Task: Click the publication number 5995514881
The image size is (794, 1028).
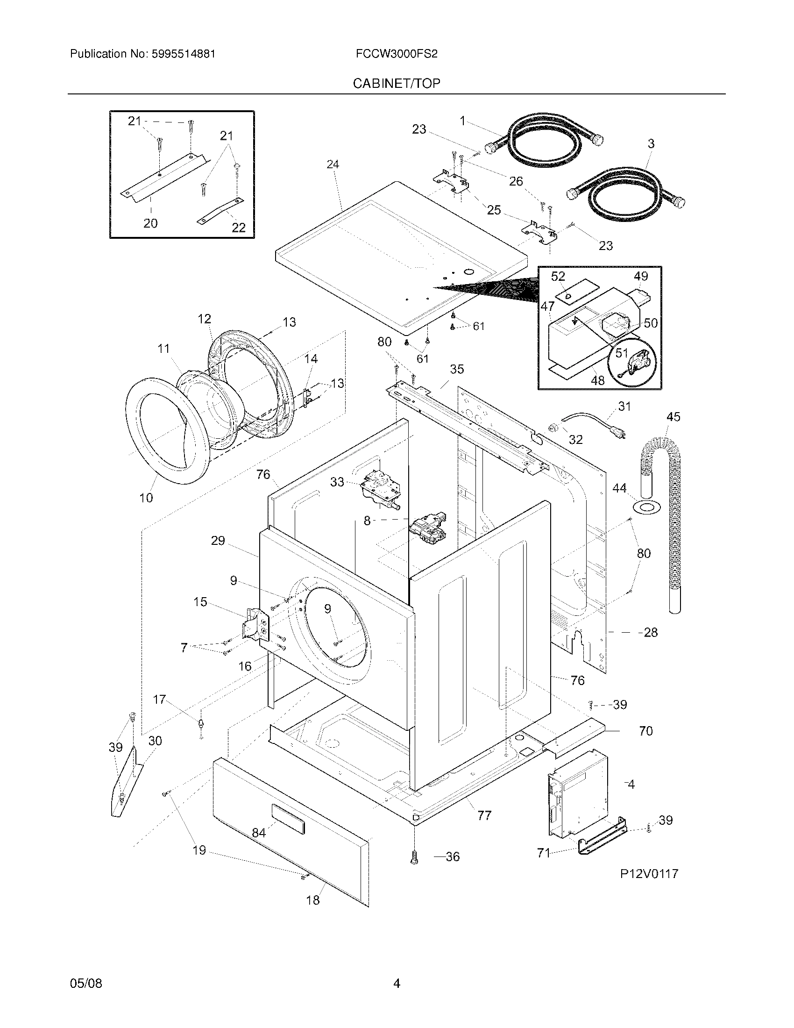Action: click(x=183, y=54)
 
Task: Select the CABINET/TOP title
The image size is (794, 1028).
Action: click(x=397, y=83)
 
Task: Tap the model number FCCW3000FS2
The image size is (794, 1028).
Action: click(x=397, y=54)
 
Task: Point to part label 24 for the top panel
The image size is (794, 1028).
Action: click(x=333, y=164)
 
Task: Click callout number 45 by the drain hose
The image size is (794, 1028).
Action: click(x=673, y=416)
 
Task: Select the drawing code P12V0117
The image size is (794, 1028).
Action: click(x=649, y=874)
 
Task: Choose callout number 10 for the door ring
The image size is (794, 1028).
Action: click(x=146, y=498)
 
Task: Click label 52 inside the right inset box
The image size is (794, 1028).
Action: click(x=558, y=276)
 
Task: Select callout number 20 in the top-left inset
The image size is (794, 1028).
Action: click(x=150, y=223)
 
